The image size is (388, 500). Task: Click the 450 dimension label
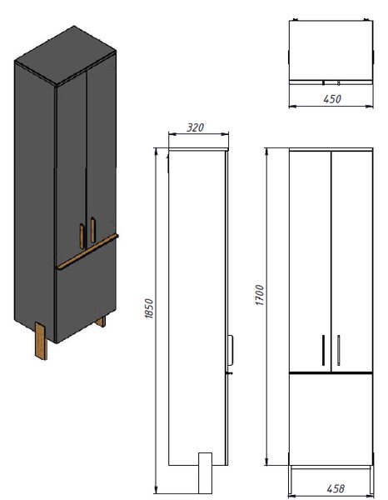[x=332, y=99]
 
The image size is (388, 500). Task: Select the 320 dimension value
[x=195, y=127]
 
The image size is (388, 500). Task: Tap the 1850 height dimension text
[x=149, y=308]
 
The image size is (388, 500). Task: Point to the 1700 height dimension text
[x=260, y=295]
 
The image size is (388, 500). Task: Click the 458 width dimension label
[x=336, y=488]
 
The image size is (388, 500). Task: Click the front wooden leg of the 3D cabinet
[x=41, y=341]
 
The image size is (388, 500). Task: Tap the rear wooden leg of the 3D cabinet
[x=101, y=322]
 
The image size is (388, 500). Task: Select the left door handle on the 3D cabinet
[x=82, y=236]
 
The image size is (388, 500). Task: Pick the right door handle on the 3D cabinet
[x=92, y=230]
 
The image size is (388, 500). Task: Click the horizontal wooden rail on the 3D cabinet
[x=87, y=252]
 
